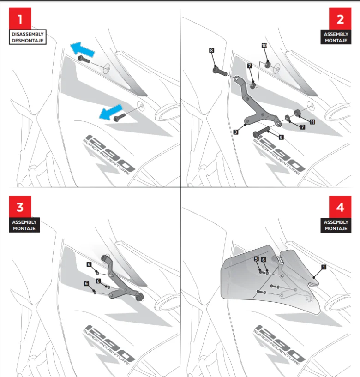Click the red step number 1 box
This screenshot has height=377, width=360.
point(20,19)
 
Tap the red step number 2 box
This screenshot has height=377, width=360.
point(340,19)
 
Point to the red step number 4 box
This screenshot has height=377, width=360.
point(340,207)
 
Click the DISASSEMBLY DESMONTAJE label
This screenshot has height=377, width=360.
point(27,37)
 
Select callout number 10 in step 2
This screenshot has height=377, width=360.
point(264,46)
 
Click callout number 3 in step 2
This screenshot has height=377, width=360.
point(235,132)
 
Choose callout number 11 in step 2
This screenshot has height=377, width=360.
point(313,122)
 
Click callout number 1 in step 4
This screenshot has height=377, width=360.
point(324,267)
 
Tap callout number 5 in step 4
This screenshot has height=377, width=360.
point(256,259)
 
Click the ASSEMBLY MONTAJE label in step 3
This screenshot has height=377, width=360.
point(25,225)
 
